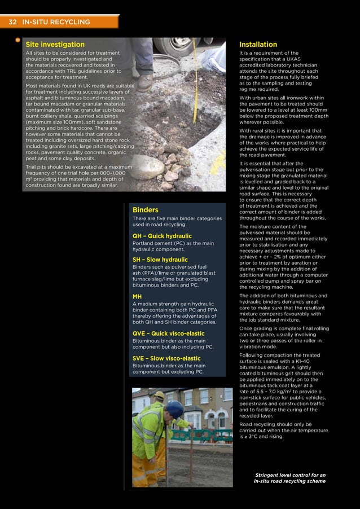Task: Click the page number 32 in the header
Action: point(12,22)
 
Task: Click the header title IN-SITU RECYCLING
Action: point(56,22)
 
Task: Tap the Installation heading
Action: point(258,45)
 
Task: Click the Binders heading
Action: point(145,210)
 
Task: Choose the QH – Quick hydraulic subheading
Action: point(162,236)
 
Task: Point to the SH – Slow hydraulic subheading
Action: point(160,260)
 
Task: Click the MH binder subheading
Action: point(137,296)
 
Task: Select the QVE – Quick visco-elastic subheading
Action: point(168,334)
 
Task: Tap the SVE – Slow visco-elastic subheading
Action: point(166,358)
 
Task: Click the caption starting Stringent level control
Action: point(289,479)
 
